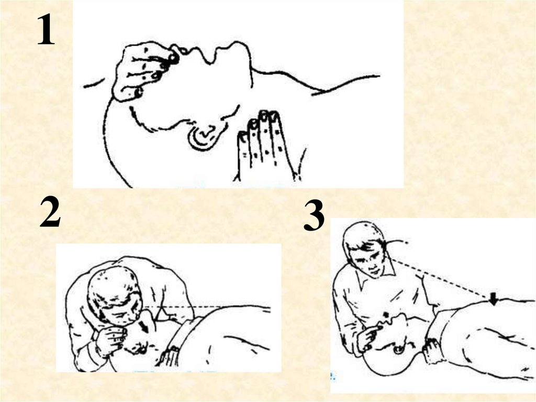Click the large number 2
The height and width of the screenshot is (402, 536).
(50, 213)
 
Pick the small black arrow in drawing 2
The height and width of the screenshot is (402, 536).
(144, 328)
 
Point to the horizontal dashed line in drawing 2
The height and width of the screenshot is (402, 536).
(207, 306)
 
